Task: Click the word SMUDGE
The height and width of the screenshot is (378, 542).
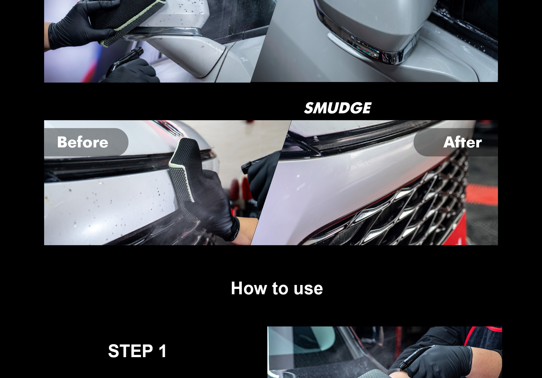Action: (x=338, y=108)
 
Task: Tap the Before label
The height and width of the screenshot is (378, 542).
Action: (x=83, y=142)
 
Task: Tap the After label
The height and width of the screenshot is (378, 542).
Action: (x=462, y=142)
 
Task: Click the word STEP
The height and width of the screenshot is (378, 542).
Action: (x=130, y=351)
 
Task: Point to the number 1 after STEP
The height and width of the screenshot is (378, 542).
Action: (x=162, y=351)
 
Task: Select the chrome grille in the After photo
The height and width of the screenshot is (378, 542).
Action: (x=404, y=206)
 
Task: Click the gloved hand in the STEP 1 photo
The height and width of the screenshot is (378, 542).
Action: (x=440, y=361)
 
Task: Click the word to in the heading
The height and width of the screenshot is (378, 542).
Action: (x=280, y=289)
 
